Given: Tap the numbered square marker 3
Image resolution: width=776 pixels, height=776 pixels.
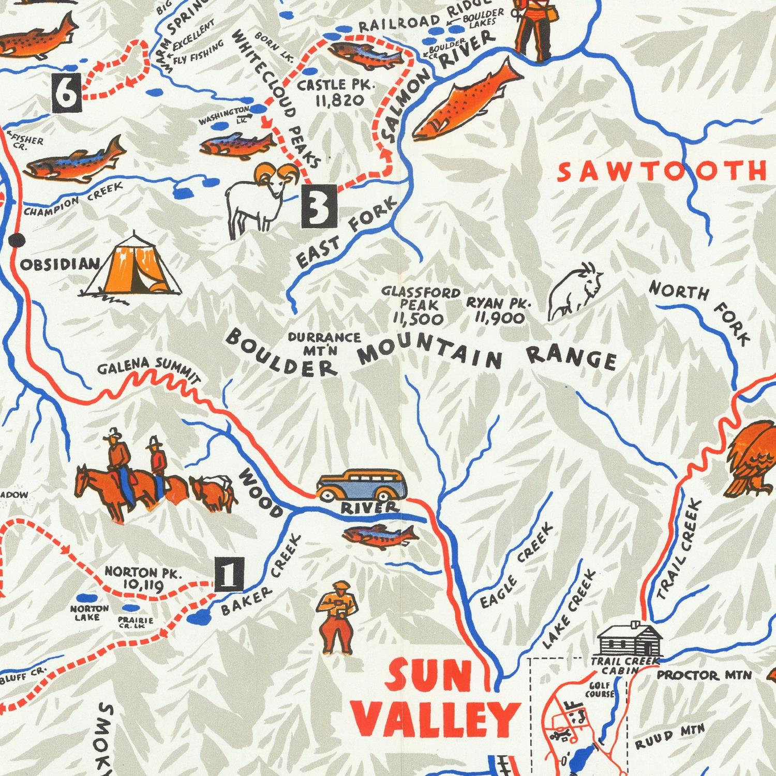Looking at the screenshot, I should pyautogui.click(x=320, y=207).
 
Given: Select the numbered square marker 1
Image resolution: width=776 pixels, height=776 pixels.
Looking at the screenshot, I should pyautogui.click(x=229, y=575).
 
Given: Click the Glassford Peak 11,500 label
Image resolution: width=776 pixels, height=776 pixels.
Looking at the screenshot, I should pyautogui.click(x=420, y=306).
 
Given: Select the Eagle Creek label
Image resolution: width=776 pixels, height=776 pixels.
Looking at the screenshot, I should pyautogui.click(x=517, y=566).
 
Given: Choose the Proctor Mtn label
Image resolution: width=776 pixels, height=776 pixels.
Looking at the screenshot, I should pyautogui.click(x=704, y=676).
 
